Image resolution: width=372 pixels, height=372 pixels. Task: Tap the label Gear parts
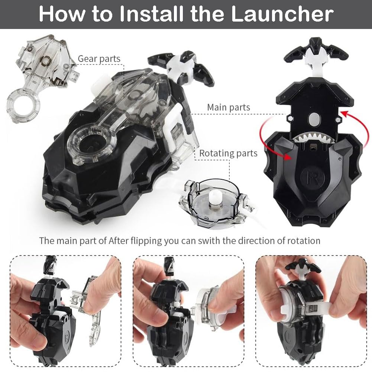(99, 59)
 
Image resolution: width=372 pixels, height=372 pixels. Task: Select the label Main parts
(229, 107)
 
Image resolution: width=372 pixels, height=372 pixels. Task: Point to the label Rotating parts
(228, 153)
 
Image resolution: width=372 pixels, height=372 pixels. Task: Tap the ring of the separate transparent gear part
(22, 106)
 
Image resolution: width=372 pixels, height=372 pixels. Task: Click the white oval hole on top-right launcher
(314, 118)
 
